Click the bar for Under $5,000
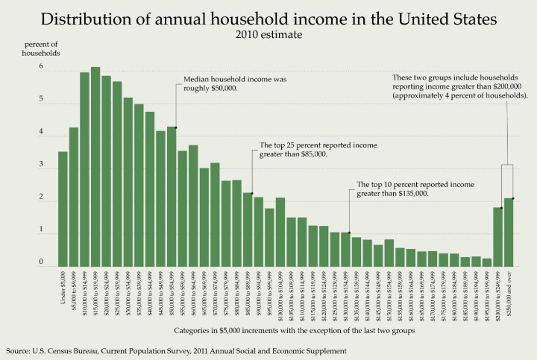pyautogui.click(x=63, y=209)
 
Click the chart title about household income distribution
pyautogui.click(x=268, y=17)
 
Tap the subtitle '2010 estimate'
pyautogui.click(x=268, y=34)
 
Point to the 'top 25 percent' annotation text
pyautogui.click(x=317, y=149)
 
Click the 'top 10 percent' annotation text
pyautogui.click(x=416, y=189)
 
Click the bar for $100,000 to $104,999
pyautogui.click(x=280, y=232)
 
